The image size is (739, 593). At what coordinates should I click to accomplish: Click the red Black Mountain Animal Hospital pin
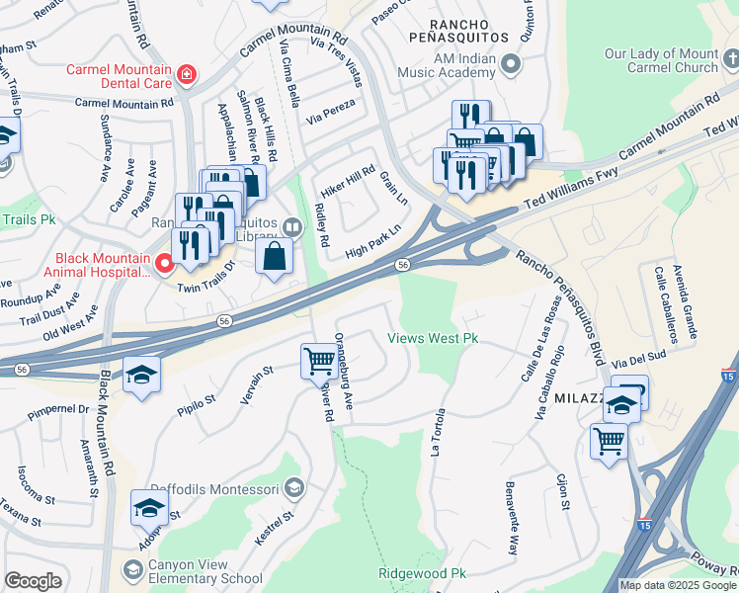(x=165, y=263)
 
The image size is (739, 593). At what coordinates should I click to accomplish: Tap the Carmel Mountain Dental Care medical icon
(x=186, y=72)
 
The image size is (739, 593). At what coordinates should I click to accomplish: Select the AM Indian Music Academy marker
(x=511, y=65)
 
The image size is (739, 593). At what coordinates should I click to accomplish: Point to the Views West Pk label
(x=433, y=338)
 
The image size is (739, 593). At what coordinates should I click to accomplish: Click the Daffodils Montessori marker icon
(x=293, y=487)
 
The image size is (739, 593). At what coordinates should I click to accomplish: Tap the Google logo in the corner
(x=33, y=581)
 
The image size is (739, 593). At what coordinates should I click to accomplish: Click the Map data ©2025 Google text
(x=678, y=585)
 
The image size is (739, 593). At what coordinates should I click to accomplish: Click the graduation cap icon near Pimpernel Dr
(x=141, y=374)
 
